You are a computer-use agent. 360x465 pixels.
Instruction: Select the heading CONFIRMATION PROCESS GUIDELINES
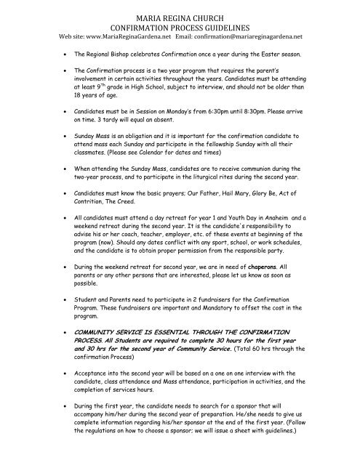pyautogui.click(x=180, y=23)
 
